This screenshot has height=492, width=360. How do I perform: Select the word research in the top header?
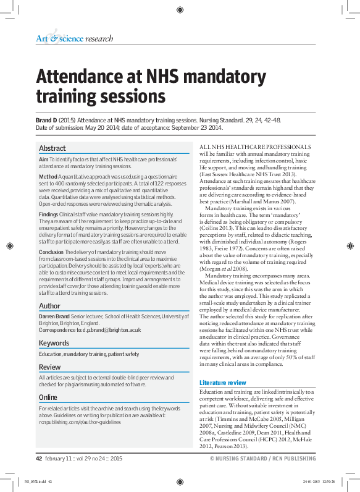[99, 38]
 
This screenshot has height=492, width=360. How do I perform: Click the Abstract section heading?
[52, 148]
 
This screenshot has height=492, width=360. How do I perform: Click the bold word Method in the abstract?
[49, 176]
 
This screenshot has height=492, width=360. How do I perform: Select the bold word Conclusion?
[52, 252]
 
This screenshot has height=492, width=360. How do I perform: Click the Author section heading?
[49, 305]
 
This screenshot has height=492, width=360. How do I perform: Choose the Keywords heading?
[54, 343]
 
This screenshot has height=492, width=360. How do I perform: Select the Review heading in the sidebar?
[50, 367]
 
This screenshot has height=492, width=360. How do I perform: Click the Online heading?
[48, 397]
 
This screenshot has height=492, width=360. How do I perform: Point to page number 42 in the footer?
[38, 459]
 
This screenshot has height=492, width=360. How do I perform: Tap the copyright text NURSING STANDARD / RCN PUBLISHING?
[266, 459]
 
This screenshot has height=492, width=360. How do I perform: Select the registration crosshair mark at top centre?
[180, 9]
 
